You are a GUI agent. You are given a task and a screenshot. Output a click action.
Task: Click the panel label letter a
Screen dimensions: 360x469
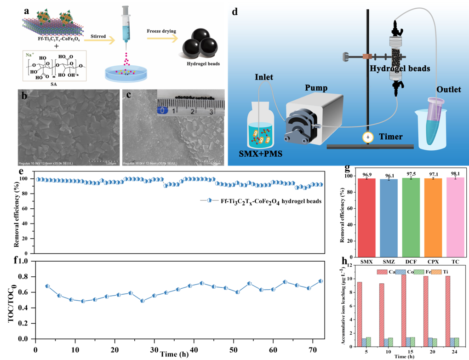click(27, 9)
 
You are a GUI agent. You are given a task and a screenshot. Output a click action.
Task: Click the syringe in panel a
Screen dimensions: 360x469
click(125, 28)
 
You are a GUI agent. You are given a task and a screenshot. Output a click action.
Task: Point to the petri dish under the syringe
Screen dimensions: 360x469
click(125, 74)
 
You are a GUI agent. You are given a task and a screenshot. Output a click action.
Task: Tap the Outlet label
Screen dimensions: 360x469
click(449, 89)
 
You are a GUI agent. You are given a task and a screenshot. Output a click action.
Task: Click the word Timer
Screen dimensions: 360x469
click(391, 137)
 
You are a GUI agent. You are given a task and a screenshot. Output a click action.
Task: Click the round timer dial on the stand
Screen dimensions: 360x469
click(367, 137)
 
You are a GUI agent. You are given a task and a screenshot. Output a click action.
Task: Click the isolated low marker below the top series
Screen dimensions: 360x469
click(210, 200)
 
